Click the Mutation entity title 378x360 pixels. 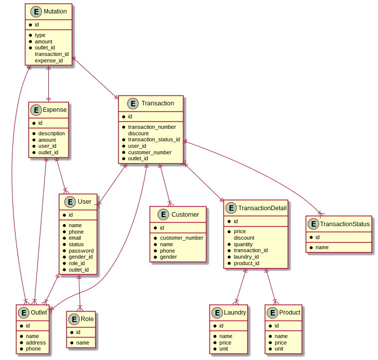coord(55,11)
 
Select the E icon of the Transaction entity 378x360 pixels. coord(133,103)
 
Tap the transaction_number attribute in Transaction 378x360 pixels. coord(152,127)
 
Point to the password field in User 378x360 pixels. coord(81,251)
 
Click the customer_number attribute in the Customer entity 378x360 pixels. coord(181,238)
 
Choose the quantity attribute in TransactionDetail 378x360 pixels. coord(243,244)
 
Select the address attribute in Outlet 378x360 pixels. coord(36,343)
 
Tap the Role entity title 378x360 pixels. coord(87,319)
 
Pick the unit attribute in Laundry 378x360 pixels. coord(224,349)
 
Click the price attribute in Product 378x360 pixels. coord(280,343)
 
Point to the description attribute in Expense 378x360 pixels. coord(51,133)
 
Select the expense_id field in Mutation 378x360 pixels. coord(48,60)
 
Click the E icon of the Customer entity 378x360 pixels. coord(163,214)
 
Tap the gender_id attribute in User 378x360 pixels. coord(80,257)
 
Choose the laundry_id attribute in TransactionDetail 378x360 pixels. coord(246,257)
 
